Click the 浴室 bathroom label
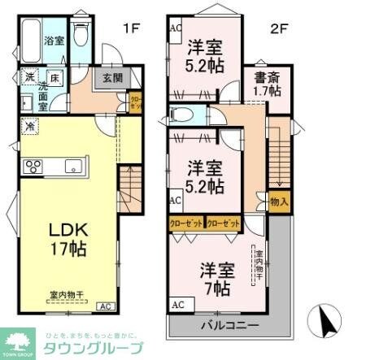(x=54, y=39)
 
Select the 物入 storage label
(x=279, y=201)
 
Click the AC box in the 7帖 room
(x=177, y=305)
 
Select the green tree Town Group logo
(x=19, y=340)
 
